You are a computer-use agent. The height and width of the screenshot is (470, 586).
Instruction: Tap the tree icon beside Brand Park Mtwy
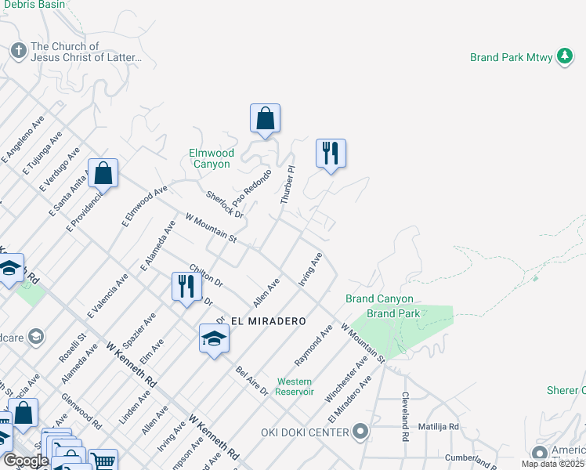click(x=564, y=56)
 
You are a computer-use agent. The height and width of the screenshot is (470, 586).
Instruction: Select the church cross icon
click(x=18, y=51)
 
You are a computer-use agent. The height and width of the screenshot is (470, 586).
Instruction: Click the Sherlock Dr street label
click(x=226, y=204)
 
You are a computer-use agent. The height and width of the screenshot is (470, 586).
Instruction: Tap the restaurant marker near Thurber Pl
click(x=331, y=153)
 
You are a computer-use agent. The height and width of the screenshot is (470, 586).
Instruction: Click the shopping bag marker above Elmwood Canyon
click(x=266, y=119)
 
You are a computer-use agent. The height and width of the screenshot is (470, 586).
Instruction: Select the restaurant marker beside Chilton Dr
click(x=186, y=286)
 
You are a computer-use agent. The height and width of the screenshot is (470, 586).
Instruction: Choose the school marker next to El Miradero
click(x=214, y=339)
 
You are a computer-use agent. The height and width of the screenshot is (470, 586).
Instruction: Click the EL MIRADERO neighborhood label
click(x=267, y=321)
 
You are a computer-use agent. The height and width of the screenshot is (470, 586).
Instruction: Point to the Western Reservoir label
click(x=295, y=386)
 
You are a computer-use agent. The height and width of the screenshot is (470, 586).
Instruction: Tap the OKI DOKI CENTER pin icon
click(x=360, y=432)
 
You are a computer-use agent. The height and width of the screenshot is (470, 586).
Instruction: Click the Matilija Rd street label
click(x=438, y=427)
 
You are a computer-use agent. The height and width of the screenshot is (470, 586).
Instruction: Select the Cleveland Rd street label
click(x=406, y=417)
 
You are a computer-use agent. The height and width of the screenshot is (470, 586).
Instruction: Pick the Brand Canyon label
click(x=379, y=298)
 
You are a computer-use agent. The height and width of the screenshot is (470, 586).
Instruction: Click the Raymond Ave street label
click(x=314, y=349)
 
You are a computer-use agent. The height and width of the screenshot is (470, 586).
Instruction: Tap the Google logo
click(x=26, y=461)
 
